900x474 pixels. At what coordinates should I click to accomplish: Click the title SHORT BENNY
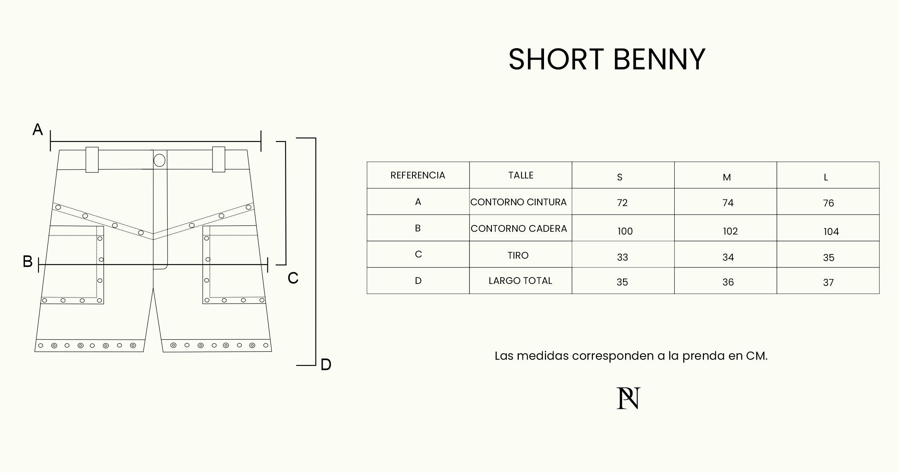pyautogui.click(x=607, y=59)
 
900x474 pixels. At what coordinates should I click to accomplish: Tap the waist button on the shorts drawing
pyautogui.click(x=160, y=160)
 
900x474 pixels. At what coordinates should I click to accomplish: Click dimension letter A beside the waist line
pyautogui.click(x=38, y=130)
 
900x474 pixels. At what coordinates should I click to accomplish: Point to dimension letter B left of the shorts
pyautogui.click(x=28, y=261)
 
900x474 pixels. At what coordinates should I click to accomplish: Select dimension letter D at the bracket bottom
pyautogui.click(x=326, y=365)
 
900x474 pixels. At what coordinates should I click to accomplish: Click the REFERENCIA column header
pyautogui.click(x=418, y=175)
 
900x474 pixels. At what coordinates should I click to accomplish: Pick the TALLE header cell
pyautogui.click(x=521, y=175)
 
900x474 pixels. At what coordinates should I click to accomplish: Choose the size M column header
pyautogui.click(x=727, y=177)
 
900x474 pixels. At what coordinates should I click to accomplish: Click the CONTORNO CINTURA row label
pyautogui.click(x=518, y=202)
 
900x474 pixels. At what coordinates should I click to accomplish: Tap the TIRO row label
pyautogui.click(x=518, y=255)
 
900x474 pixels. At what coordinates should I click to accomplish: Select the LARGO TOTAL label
pyautogui.click(x=520, y=281)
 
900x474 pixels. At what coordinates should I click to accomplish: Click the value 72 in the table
pyautogui.click(x=622, y=203)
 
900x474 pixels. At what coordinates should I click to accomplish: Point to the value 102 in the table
pyautogui.click(x=730, y=231)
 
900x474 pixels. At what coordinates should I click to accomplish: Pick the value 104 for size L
pyautogui.click(x=831, y=232)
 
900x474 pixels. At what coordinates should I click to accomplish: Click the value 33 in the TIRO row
pyautogui.click(x=622, y=257)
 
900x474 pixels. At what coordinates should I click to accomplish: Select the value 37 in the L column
pyautogui.click(x=828, y=283)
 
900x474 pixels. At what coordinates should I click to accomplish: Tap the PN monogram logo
pyautogui.click(x=628, y=398)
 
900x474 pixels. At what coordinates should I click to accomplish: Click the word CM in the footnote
pyautogui.click(x=756, y=356)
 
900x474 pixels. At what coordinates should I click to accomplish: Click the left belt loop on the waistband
pyautogui.click(x=92, y=160)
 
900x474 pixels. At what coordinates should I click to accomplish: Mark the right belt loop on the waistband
pyautogui.click(x=218, y=159)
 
